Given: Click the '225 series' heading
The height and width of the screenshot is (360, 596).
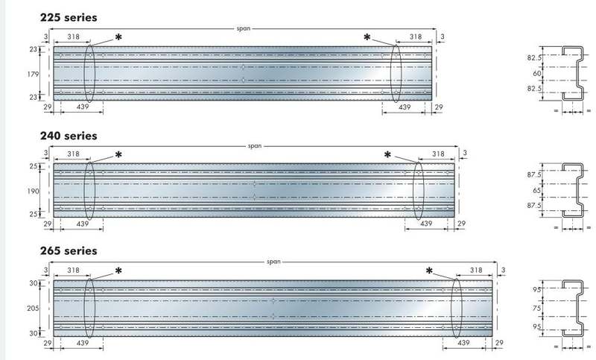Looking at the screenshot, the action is coord(69,17).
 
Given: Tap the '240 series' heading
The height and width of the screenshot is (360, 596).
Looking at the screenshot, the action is coord(69,136).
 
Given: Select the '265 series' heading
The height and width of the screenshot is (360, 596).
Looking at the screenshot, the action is coord(69,251).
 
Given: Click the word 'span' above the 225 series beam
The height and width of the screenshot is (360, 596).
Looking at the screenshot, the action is coord(244,28).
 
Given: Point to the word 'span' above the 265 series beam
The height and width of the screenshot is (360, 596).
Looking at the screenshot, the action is coord(273,262).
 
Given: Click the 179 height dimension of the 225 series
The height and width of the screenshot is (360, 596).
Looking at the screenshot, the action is coord(33,74).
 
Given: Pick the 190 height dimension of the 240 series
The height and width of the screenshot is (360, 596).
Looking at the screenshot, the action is coord(33,192).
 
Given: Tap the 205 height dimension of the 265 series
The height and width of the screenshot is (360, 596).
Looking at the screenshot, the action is coord(33,309).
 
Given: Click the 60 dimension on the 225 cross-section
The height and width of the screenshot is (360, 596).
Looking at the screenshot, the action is coord(537,73).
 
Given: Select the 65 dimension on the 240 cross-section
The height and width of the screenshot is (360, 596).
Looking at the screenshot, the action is coord(537,190).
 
